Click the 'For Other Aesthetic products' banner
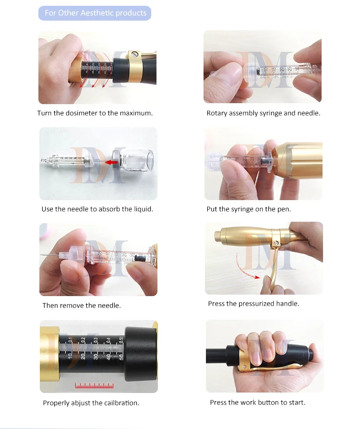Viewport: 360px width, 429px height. [95, 13]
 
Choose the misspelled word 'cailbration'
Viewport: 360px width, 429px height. [121, 403]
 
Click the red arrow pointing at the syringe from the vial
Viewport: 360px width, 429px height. [112, 163]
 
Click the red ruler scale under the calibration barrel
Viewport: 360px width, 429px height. [94, 386]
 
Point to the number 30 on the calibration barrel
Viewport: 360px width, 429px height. [96, 357]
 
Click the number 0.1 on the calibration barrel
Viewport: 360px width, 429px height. [71, 340]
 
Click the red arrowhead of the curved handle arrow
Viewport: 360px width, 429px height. [256, 277]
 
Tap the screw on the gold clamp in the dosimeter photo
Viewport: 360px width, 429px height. [134, 54]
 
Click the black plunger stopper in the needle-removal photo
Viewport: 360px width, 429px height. [140, 258]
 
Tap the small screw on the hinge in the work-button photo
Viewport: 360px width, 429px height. [244, 367]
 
